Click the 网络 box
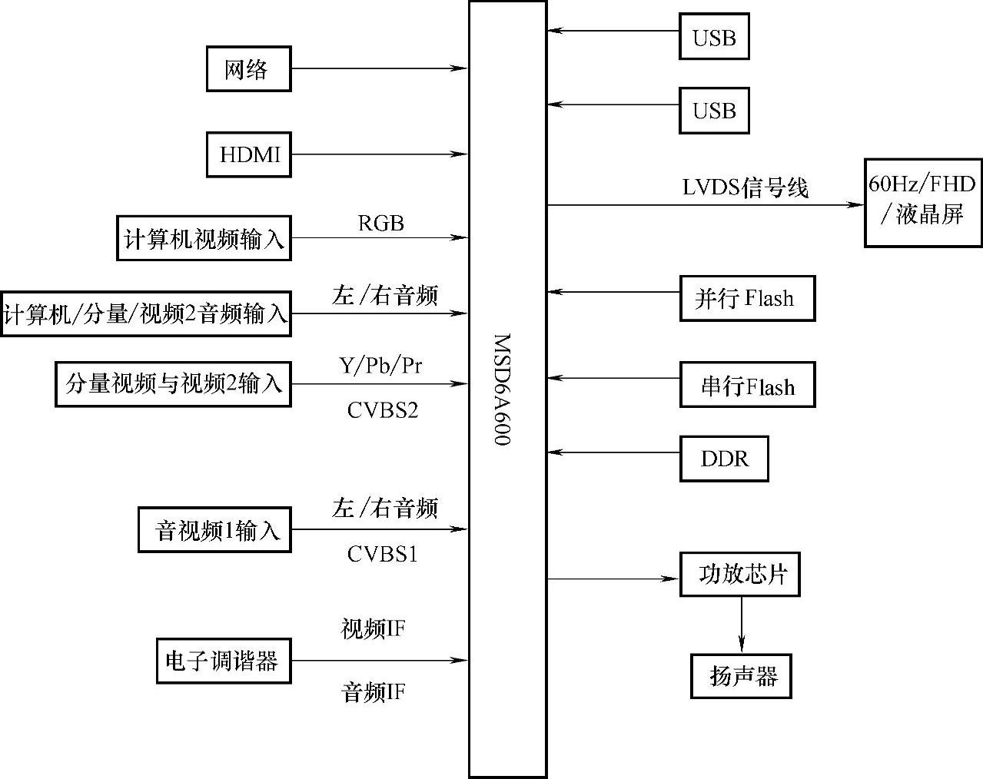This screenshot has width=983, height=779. coord(248,69)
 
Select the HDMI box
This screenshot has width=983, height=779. coord(248,154)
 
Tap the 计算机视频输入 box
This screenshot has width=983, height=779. coord(204,238)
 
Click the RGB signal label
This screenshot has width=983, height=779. coord(380,223)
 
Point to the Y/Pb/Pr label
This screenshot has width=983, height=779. coord(380,365)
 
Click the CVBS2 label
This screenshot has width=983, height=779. coord(382,409)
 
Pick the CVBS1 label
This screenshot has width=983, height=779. coord(382,553)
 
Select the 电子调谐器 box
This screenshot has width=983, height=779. coord(224,661)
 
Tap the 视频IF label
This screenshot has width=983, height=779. coord(373,629)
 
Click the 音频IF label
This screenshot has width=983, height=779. coord(373,693)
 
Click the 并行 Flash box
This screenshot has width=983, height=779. coord(747,298)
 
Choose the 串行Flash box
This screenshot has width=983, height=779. coord(747,385)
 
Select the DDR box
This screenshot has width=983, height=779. coord(724,459)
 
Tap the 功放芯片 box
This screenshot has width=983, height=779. coord(739,574)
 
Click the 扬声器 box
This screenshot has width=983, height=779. coord(741,676)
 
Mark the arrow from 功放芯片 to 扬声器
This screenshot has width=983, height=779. coord(742,624)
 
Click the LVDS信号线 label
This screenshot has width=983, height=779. coord(745,187)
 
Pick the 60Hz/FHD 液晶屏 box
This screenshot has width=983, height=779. coord(922,202)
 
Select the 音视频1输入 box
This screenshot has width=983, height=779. coord(214,529)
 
